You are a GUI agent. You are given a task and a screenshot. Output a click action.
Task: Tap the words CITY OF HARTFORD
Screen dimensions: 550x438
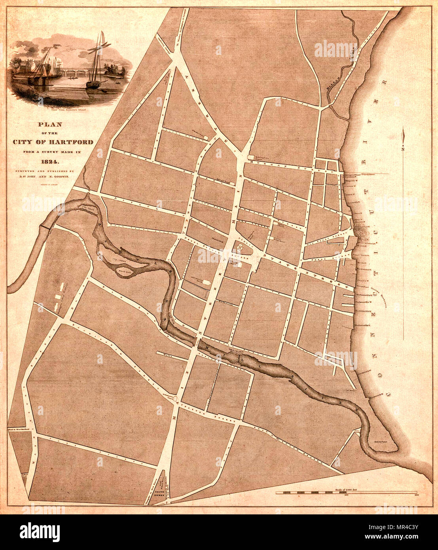point(53,142)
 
